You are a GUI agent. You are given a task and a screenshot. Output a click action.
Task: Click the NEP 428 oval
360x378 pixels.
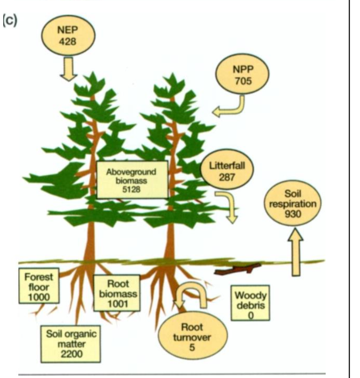(67, 36)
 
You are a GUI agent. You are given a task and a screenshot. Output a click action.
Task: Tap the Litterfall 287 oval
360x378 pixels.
(226, 170)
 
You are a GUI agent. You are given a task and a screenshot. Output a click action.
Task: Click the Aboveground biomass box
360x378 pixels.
(132, 180)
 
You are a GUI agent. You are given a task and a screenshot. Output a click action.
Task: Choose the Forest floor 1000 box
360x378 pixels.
(38, 285)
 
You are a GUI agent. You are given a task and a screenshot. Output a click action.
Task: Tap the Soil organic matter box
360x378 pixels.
(70, 343)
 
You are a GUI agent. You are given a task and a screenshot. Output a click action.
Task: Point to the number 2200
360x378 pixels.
(70, 353)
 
